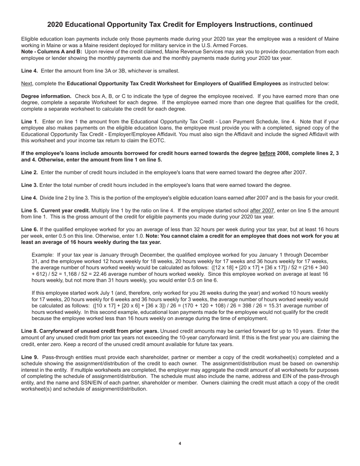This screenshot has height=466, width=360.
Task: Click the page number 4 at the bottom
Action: click(x=180, y=444)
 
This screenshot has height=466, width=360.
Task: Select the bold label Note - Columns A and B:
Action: click(x=52, y=52)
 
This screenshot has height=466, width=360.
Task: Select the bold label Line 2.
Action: click(x=29, y=173)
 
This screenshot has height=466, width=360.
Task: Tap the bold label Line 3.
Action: click(x=29, y=185)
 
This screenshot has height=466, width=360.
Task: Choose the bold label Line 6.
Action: click(x=29, y=230)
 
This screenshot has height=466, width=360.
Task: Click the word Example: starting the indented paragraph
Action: click(x=43, y=255)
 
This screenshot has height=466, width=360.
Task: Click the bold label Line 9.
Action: click(x=29, y=357)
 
